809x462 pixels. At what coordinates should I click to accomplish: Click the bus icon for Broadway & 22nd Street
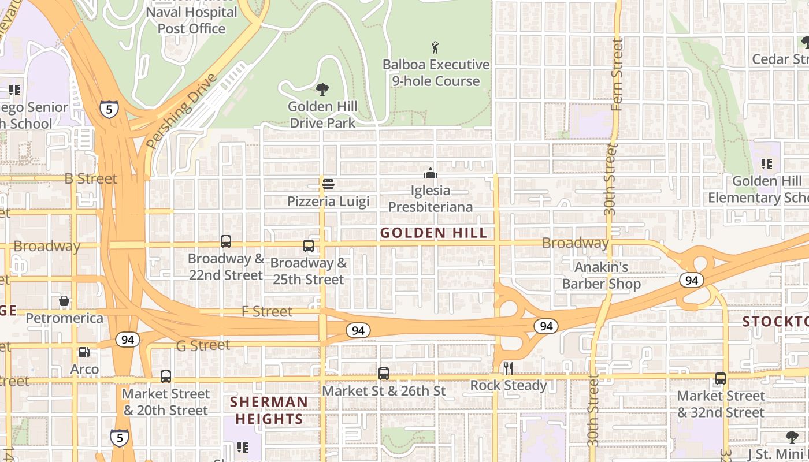[226, 241]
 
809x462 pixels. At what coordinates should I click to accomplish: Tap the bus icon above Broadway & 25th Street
[309, 246]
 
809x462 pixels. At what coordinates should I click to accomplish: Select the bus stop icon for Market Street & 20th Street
[166, 377]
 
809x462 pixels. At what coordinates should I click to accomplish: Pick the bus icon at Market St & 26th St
[384, 374]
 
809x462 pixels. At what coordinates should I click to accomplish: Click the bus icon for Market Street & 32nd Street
[721, 379]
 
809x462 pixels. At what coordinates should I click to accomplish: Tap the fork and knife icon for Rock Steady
[509, 368]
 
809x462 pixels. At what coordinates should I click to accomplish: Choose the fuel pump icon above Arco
[84, 352]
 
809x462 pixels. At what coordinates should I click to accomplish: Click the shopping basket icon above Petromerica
[64, 301]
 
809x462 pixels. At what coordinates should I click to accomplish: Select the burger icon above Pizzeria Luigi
[328, 184]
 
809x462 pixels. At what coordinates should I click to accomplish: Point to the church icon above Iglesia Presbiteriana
[431, 173]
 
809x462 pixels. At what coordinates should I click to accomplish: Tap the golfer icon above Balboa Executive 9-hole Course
[436, 47]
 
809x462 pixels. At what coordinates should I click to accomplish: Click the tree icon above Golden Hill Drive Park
[322, 90]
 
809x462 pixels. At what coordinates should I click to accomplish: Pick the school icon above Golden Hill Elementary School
[767, 164]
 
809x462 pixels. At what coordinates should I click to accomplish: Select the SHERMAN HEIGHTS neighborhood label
[269, 411]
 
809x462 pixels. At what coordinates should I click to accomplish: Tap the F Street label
[267, 311]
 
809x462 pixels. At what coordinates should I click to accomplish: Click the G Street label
[203, 345]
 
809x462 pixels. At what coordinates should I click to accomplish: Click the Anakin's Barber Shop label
[601, 275]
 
